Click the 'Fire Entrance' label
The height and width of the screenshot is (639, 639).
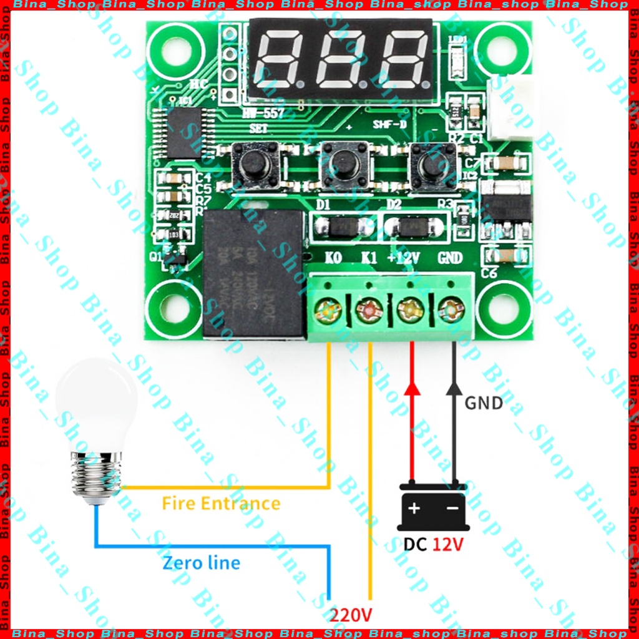221,503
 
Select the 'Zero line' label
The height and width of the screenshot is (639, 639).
201,563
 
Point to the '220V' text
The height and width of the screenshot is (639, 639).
351,615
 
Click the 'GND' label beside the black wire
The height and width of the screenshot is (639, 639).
484,403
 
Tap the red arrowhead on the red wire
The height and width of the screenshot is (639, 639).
411,388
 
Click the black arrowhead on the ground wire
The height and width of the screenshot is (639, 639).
454,388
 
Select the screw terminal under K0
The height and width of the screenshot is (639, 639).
328,310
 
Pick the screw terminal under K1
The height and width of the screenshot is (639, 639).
369,310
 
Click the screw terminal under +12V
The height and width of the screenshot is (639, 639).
410,310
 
